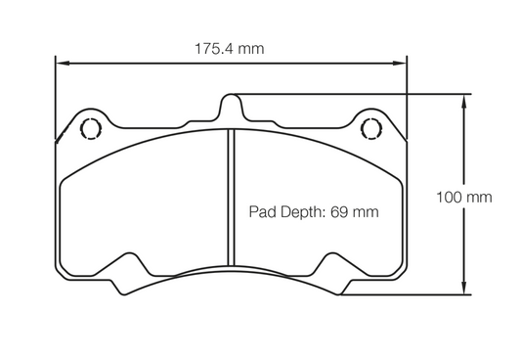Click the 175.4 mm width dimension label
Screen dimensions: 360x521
229,47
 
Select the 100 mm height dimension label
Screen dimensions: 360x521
463,196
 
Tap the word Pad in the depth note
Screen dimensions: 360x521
262,211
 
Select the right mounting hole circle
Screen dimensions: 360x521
371,127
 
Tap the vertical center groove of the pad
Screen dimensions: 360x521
230,196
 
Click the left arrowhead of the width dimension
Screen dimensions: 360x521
59,63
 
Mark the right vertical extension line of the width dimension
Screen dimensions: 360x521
407,98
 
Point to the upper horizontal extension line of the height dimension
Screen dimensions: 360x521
352,95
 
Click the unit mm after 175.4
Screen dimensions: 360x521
251,47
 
